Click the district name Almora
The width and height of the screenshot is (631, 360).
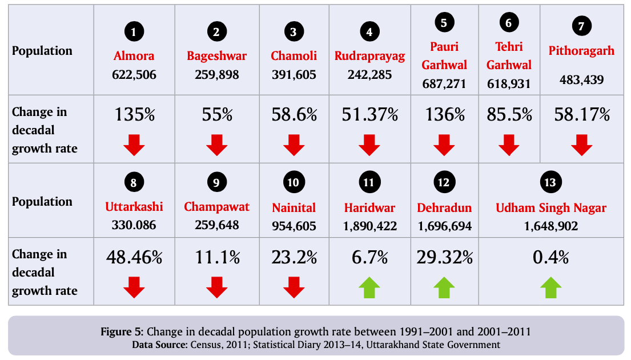[x=134, y=56]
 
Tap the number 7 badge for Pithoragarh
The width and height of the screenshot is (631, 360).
[x=581, y=26]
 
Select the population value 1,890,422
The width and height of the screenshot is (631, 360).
[x=369, y=226]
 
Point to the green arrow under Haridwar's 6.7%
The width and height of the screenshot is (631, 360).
[x=369, y=287]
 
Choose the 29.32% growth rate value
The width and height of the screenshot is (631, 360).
[x=445, y=257]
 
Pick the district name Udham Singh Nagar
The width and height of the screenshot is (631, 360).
[x=550, y=207]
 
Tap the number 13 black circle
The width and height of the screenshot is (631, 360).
[x=550, y=183]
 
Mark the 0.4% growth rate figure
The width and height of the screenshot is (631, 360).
[x=550, y=257]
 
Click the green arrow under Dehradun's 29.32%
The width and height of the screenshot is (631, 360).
[x=444, y=287]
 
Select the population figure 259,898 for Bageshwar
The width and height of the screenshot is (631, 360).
[x=216, y=75]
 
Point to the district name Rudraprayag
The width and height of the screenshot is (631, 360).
[x=369, y=56]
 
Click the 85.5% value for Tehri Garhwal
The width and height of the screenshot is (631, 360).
[x=509, y=115]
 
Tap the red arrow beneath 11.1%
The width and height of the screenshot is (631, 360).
[x=216, y=287]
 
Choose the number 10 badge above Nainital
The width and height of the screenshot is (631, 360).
[x=294, y=183]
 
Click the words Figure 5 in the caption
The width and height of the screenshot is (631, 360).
[x=123, y=332]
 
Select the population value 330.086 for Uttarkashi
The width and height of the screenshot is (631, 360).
[x=134, y=225]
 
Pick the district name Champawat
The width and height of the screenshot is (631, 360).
[x=216, y=207]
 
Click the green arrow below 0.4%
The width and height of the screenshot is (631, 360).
[x=550, y=287]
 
